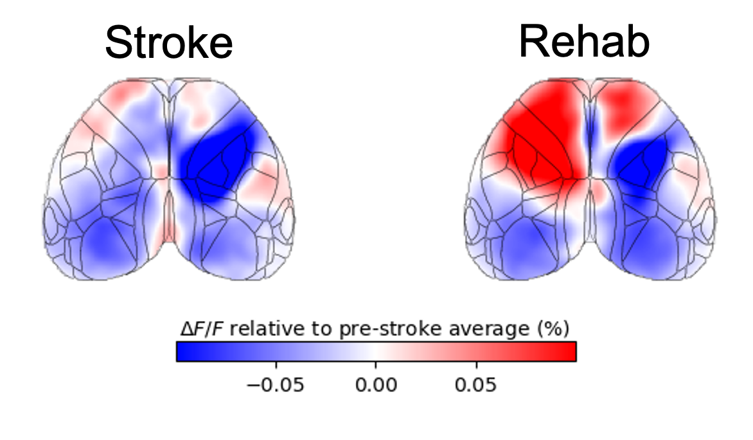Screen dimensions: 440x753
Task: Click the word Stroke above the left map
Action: click(168, 44)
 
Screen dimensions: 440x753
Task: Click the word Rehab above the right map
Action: click(584, 42)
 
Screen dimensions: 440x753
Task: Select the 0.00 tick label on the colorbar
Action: click(376, 385)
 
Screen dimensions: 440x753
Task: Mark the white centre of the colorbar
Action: click(376, 351)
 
